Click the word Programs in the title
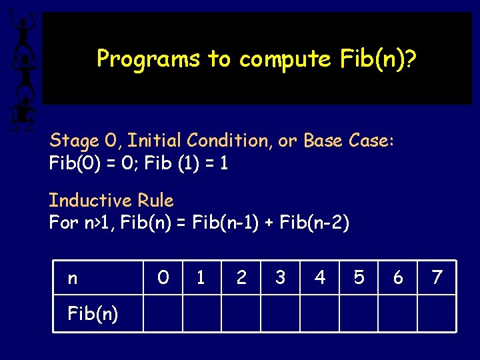coord(149,59)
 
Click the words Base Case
coord(348,141)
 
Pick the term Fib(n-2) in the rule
coord(314,223)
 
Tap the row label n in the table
coord(73,277)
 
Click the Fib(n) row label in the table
coord(93,313)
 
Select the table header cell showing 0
coord(163,277)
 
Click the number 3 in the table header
coord(280,277)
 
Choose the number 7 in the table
coord(437,277)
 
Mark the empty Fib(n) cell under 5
coord(359,313)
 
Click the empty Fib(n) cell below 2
coord(241,313)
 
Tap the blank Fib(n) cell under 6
coord(398,313)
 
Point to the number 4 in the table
coord(320,277)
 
